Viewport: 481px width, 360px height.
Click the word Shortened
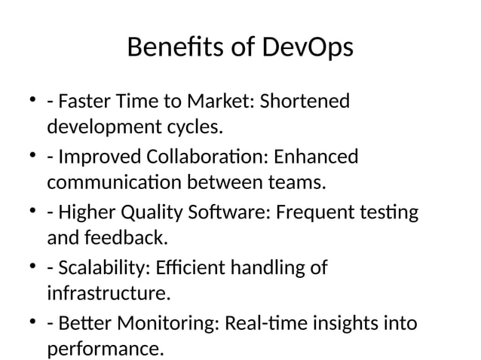(305, 101)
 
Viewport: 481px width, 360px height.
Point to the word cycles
(198, 127)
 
